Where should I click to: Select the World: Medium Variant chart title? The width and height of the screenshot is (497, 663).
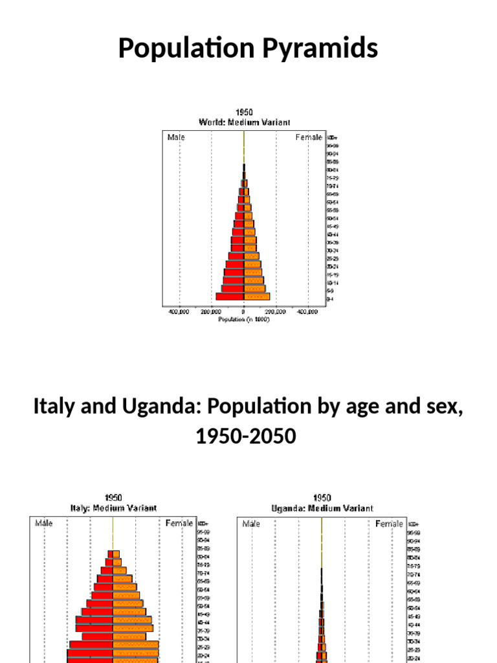tap(243, 122)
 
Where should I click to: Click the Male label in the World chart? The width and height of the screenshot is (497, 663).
tap(176, 137)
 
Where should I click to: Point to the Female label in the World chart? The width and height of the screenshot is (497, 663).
tap(309, 137)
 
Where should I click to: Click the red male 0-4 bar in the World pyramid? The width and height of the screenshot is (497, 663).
tap(230, 297)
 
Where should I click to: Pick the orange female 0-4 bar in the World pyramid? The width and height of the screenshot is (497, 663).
tap(257, 297)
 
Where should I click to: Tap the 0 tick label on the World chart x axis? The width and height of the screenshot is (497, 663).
tap(243, 311)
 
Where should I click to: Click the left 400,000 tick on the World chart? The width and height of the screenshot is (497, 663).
tap(179, 311)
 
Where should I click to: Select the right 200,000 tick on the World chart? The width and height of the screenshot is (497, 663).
tap(275, 311)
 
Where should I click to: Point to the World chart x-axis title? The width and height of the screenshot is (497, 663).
tap(243, 319)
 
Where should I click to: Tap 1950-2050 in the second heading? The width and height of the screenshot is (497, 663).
tap(245, 437)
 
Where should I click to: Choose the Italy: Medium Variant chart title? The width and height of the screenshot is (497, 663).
tap(113, 508)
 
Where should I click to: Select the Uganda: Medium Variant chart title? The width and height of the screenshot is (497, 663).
tap(322, 508)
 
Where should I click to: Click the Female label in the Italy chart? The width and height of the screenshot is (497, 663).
tap(179, 523)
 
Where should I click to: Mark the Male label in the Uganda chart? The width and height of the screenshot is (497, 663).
tap(251, 523)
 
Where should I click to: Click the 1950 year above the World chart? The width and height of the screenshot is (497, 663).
tap(243, 112)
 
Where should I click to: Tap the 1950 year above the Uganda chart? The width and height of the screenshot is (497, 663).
tap(322, 499)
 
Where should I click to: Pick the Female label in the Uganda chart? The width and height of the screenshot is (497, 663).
tap(390, 523)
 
